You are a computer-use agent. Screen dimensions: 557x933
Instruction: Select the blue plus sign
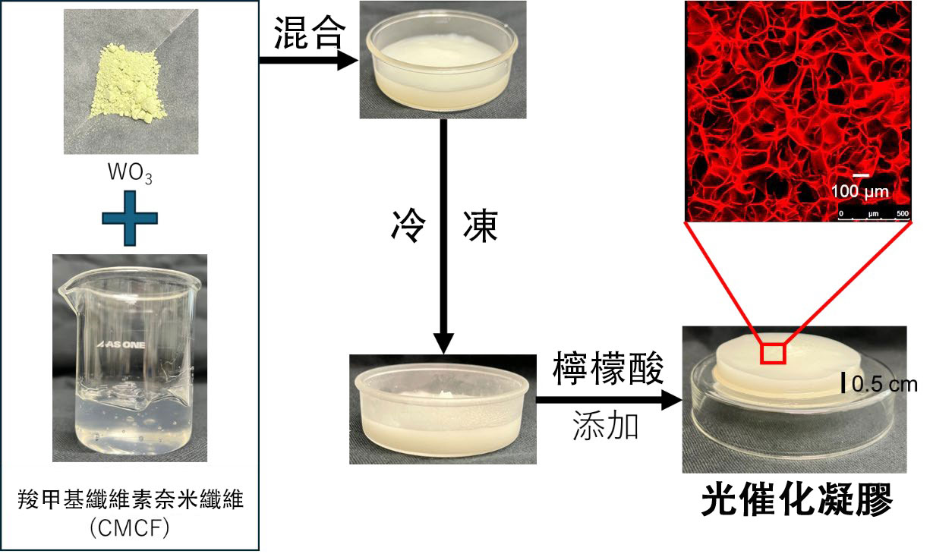pos(130,219)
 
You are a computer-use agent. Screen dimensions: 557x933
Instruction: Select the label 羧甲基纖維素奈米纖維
pos(131,502)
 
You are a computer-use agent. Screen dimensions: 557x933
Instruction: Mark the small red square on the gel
pos(774,354)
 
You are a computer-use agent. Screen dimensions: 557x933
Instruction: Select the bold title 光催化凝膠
pos(796,500)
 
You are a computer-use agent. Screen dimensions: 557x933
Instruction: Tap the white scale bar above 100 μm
pos(860,176)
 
